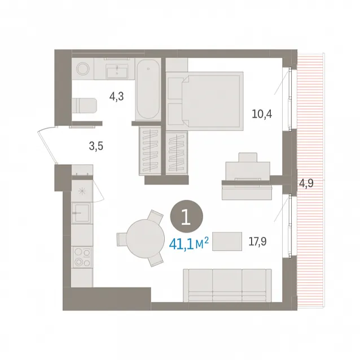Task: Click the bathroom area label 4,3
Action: coord(117,96)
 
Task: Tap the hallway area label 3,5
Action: coord(96,146)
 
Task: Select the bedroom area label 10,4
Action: coord(262,114)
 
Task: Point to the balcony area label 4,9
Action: coord(306,183)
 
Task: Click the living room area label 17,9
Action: coord(258,242)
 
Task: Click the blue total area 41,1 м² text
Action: coord(188,244)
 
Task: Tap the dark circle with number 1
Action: coord(187,216)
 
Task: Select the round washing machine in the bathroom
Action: coord(83,69)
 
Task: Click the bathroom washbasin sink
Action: coord(117,71)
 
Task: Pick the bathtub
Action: coord(148,89)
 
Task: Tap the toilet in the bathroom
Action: coord(84,106)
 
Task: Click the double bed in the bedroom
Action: coord(204,101)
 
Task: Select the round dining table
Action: coord(146,239)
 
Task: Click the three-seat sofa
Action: coord(227,286)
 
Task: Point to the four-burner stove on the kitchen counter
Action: coord(82,257)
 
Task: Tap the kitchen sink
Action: coord(82,213)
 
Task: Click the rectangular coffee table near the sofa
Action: coord(227,242)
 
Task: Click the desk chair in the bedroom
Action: coord(248,157)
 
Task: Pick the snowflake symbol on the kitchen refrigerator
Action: coord(82,191)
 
